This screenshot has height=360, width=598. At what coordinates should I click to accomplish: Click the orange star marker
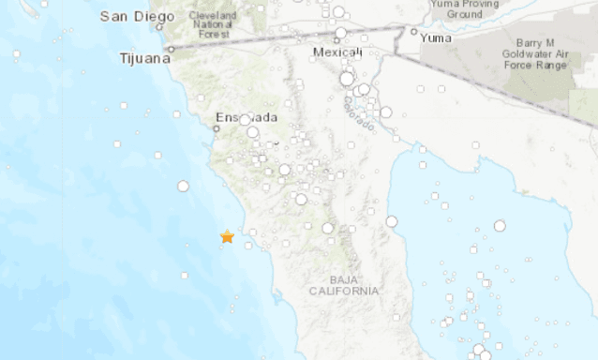[227, 237]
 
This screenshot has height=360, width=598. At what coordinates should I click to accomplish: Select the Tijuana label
[145, 58]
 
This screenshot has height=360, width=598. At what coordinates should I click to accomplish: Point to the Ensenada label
[247, 118]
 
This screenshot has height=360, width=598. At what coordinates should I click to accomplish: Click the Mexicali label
[338, 53]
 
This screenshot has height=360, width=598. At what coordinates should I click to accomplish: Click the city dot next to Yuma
[413, 31]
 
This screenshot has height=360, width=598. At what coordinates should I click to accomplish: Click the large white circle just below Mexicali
[347, 80]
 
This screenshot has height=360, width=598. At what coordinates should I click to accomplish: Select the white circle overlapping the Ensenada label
[245, 120]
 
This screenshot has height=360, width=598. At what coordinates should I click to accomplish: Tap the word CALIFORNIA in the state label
[345, 292]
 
